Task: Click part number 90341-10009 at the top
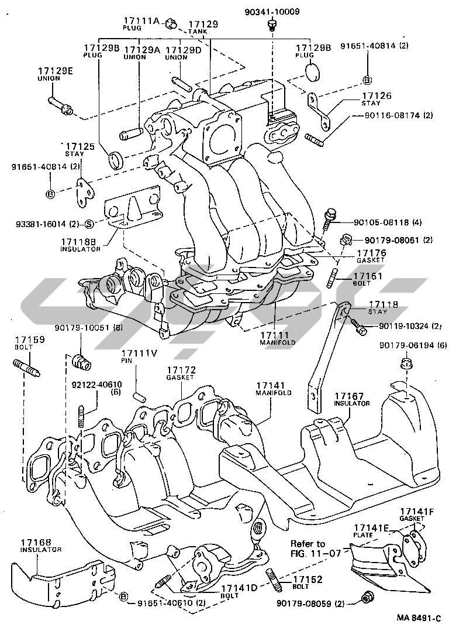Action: (x=272, y=11)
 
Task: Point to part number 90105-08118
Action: (x=380, y=222)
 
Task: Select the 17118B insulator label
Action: (x=81, y=241)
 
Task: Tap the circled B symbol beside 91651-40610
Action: (x=123, y=596)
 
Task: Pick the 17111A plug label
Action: (x=140, y=20)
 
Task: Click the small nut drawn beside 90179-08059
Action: (x=368, y=597)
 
